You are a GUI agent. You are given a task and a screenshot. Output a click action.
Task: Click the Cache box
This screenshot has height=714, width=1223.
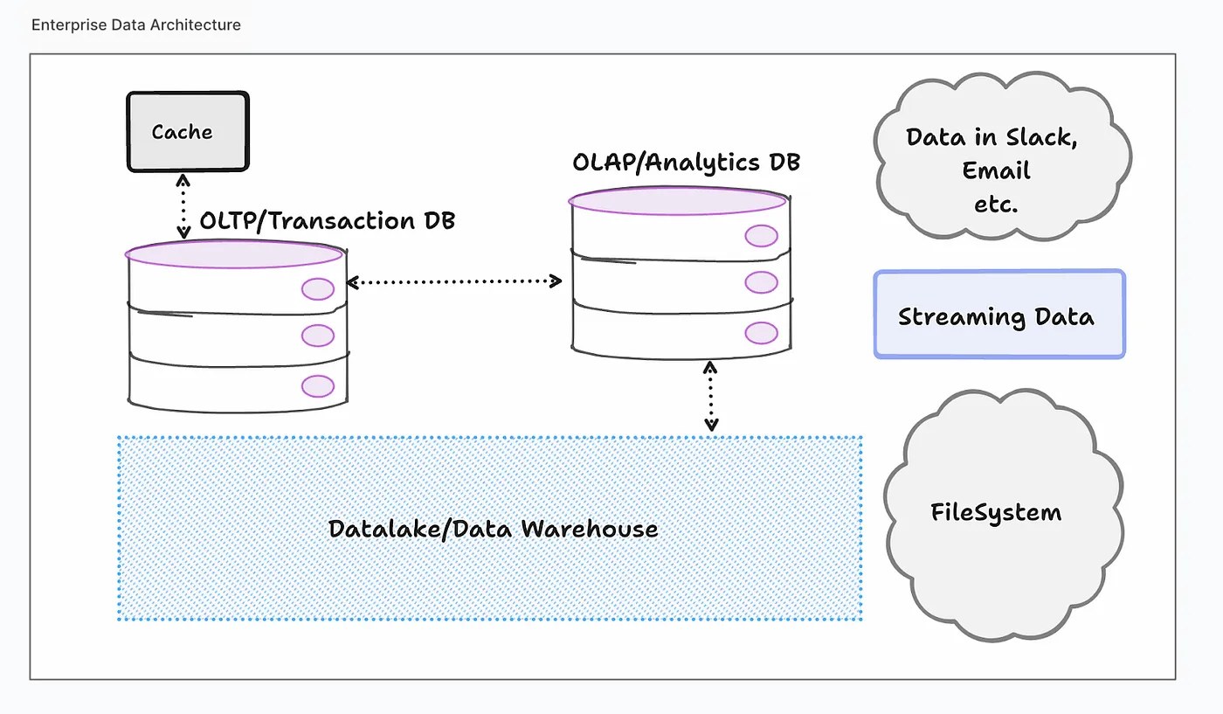pos(188,131)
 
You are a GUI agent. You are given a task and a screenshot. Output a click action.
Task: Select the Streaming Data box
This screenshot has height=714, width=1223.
pos(999,315)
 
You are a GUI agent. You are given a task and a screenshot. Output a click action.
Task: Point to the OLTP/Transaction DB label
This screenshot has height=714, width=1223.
pos(327,220)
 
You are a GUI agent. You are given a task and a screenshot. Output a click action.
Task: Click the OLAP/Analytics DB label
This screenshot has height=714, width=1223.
pos(686,162)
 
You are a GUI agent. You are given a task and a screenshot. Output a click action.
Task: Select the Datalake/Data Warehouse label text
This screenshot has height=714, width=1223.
pos(493,529)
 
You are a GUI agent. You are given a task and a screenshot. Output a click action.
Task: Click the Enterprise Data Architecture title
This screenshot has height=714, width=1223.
pos(135,24)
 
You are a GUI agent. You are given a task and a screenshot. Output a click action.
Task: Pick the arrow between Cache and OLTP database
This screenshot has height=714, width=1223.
pos(183,206)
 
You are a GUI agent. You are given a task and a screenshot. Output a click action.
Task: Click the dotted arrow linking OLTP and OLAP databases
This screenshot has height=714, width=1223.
pos(454,281)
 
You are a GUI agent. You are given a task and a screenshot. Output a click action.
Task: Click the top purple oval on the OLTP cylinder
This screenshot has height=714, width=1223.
pos(234,253)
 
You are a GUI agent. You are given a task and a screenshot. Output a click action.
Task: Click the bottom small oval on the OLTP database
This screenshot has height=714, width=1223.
pos(317,385)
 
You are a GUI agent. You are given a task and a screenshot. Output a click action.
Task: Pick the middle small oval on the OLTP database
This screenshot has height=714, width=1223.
pos(318,335)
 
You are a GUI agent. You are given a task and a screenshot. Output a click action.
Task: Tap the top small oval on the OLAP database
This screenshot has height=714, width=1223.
pos(761,236)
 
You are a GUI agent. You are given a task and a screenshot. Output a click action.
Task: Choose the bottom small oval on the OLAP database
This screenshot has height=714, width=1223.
pos(761,333)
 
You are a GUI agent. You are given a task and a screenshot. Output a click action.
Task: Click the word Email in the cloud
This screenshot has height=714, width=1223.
pos(996,170)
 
